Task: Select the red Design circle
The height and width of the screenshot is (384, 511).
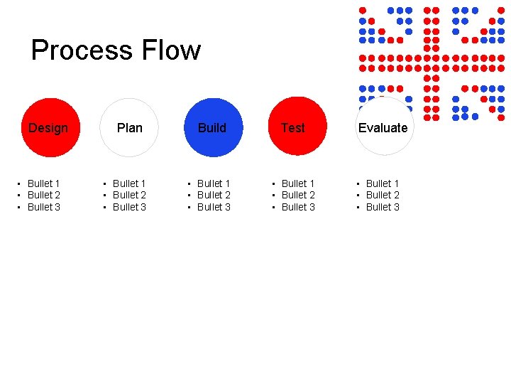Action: click(50, 127)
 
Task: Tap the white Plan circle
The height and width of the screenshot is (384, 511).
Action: click(129, 127)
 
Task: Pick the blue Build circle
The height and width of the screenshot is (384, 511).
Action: click(213, 127)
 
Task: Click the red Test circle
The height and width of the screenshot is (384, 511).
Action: click(297, 127)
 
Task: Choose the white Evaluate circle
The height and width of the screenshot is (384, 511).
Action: click(384, 127)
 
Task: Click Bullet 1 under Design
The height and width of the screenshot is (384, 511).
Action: click(43, 183)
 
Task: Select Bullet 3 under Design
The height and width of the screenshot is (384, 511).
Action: click(43, 207)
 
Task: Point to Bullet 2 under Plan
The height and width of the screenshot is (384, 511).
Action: click(129, 195)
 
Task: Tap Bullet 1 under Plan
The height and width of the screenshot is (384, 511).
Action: click(129, 183)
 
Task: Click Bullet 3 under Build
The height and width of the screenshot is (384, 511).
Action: click(214, 207)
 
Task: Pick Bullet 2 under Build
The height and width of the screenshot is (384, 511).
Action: click(214, 195)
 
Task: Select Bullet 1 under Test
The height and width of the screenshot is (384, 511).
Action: click(298, 183)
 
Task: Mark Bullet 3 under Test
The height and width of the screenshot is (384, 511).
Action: click(298, 207)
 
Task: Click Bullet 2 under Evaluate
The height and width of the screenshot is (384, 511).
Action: click(383, 195)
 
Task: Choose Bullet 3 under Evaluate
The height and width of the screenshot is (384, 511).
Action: click(383, 207)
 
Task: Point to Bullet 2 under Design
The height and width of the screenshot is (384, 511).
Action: click(43, 195)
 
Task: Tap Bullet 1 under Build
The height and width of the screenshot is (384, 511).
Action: click(214, 183)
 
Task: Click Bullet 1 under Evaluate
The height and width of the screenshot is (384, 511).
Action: click(383, 183)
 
